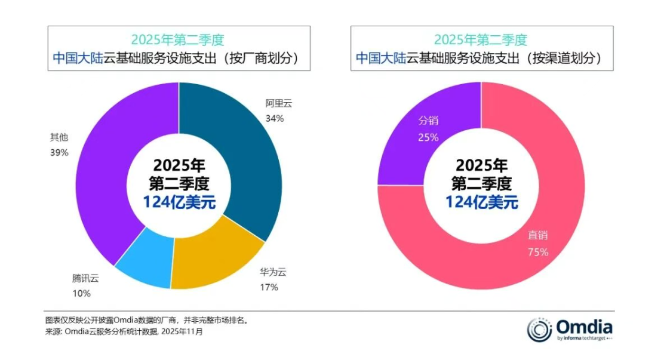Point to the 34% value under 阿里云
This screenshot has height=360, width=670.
pos(275,118)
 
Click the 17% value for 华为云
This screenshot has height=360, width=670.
pos(269,287)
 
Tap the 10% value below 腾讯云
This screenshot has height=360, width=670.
pos(81,293)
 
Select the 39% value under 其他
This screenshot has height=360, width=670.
pos(60,152)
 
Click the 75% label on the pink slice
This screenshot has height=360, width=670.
pos(538,252)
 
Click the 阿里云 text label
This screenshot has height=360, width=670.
pos(279,103)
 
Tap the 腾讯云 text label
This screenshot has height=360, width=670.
pos(85,278)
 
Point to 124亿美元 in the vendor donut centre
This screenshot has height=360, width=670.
pos(179,202)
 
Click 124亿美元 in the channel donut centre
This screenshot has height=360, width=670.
pos(482,202)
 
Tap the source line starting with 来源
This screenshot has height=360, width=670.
pos(124,331)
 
